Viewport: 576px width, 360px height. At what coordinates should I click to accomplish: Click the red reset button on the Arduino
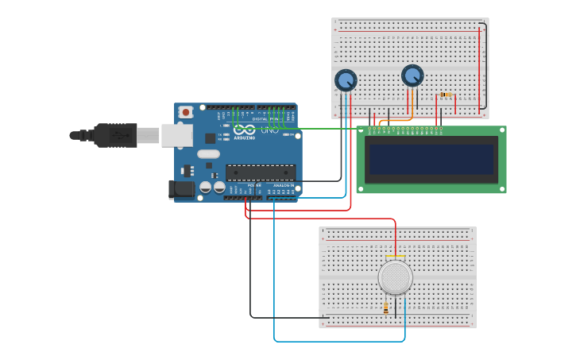[x=186, y=112]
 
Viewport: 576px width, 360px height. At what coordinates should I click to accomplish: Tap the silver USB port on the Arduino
[x=176, y=135]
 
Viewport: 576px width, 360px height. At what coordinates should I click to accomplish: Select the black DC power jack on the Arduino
[x=182, y=189]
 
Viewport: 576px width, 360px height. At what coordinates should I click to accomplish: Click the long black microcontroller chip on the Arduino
[x=261, y=172]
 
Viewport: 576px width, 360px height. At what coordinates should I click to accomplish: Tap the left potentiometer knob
[x=346, y=80]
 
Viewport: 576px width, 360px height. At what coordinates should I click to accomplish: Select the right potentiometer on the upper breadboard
[x=412, y=75]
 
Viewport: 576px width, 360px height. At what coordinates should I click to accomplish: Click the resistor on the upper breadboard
[x=446, y=95]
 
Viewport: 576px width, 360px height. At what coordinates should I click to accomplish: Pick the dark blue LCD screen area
[x=431, y=159]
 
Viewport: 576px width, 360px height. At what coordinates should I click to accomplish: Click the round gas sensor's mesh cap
[x=395, y=277]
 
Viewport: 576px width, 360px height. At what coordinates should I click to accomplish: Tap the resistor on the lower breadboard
[x=386, y=308]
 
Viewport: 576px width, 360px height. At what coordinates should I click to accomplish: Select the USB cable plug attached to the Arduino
[x=116, y=135]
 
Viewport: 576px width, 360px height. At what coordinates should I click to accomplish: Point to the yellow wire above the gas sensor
[x=395, y=257]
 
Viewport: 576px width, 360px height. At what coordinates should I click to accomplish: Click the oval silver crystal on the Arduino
[x=208, y=154]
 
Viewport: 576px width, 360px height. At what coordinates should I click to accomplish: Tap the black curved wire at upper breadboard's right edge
[x=484, y=68]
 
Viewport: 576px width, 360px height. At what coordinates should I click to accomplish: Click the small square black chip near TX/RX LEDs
[x=210, y=138]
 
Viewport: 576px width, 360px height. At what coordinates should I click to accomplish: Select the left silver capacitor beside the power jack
[x=206, y=188]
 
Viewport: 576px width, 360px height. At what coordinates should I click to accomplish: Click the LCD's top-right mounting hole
[x=501, y=130]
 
